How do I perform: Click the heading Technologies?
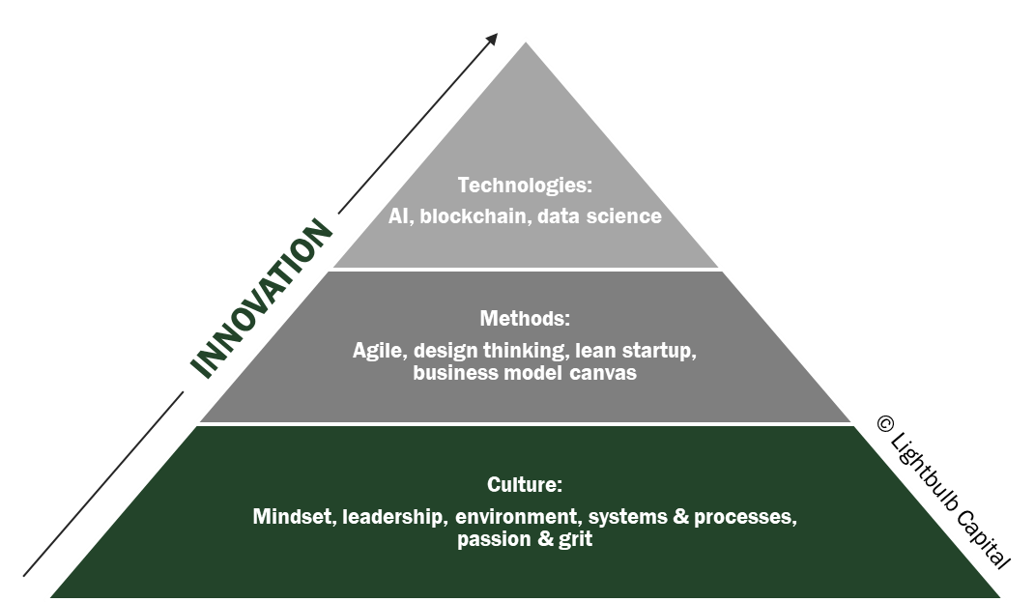[x=525, y=185]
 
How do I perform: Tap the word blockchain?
[x=474, y=216]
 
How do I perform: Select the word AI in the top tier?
[x=399, y=216]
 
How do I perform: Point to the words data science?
[x=599, y=216]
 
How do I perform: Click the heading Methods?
[x=525, y=318]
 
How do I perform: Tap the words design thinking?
[x=475, y=351]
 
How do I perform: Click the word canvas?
[x=605, y=373]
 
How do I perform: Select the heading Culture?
[x=525, y=485]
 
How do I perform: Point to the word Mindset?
[x=293, y=517]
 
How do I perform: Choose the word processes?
[x=745, y=517]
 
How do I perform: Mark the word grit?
[x=575, y=540]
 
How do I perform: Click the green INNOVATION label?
[x=262, y=300]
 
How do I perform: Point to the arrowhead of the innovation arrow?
[x=493, y=38]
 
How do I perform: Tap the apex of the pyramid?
[x=526, y=41]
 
